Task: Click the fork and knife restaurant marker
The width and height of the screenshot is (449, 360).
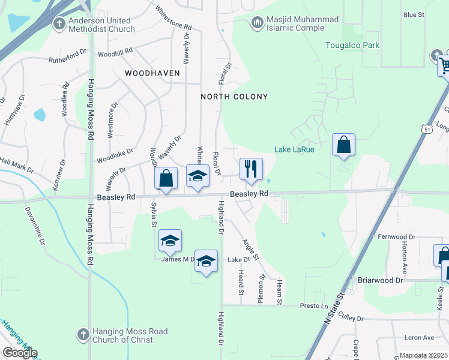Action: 251,169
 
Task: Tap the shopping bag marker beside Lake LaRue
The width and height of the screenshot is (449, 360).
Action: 343,145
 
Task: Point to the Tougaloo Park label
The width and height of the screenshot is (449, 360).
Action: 352,45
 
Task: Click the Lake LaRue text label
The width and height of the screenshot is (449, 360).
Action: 295,149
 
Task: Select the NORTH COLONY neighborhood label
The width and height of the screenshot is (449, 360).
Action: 234,97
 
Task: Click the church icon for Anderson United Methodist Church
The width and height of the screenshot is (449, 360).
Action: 59,23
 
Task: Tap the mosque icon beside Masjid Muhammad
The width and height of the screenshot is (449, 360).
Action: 257,23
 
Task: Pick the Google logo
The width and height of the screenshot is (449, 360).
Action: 20,353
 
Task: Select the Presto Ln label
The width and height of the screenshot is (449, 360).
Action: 313,305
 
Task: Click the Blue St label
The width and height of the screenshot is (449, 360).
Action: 414,14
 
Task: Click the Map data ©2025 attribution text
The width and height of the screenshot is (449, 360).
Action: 423,355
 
